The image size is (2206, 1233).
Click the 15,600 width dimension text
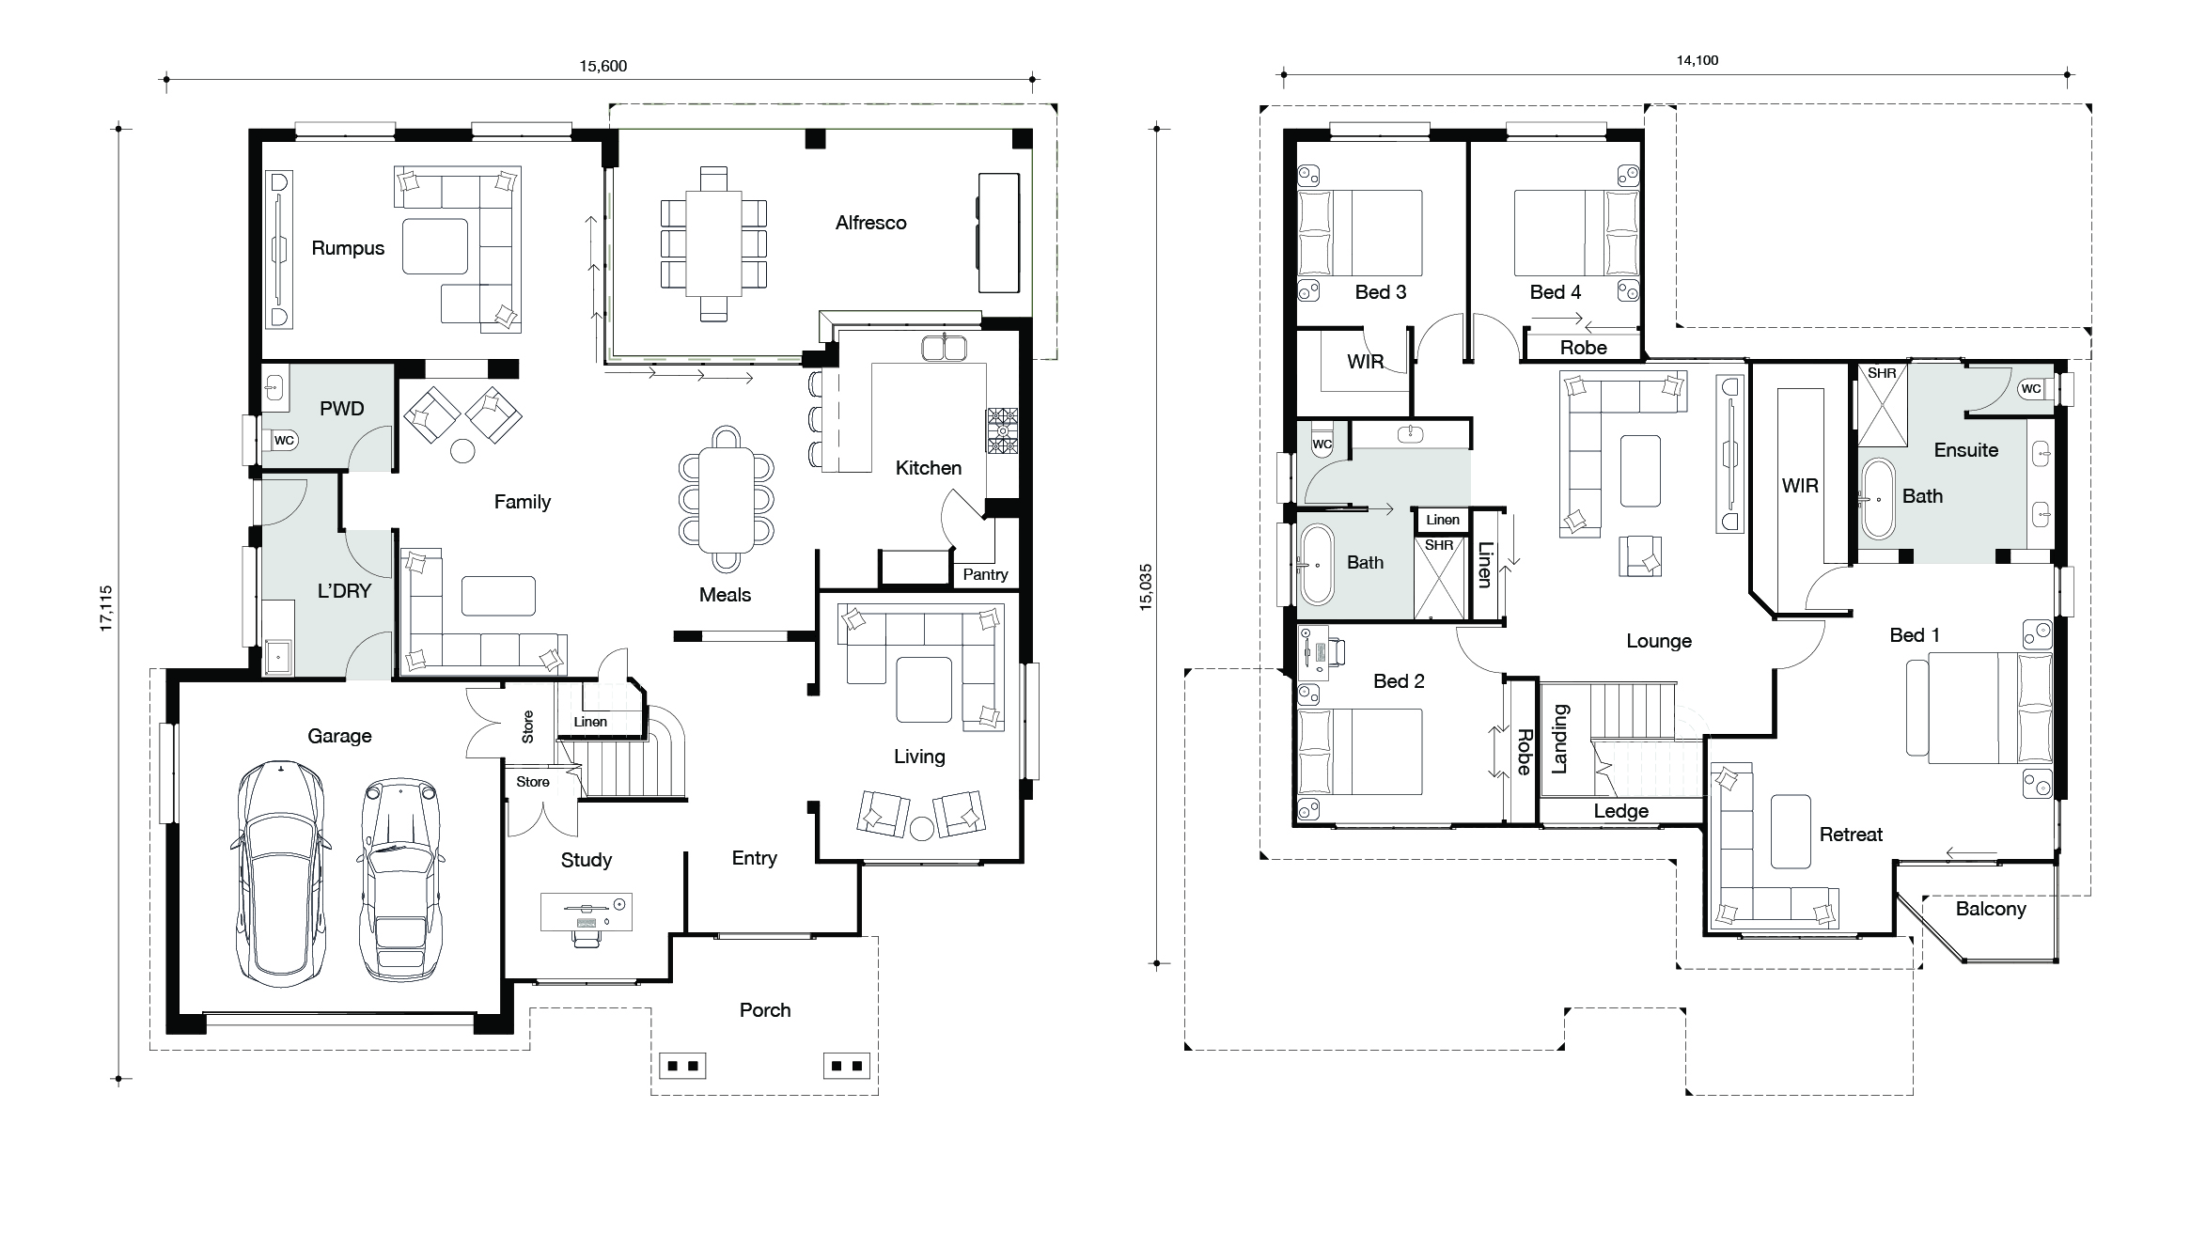pyautogui.click(x=602, y=66)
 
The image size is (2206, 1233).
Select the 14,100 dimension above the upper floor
pyautogui.click(x=1698, y=60)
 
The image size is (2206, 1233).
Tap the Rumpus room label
pyautogui.click(x=348, y=248)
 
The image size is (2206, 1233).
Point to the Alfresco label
pyautogui.click(x=870, y=223)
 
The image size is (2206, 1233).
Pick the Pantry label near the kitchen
pyautogui.click(x=985, y=574)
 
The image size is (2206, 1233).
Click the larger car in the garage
pyautogui.click(x=280, y=873)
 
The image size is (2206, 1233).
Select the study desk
pyautogui.click(x=587, y=912)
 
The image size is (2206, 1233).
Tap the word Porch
pyautogui.click(x=765, y=1010)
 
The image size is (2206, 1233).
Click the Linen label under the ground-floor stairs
pyautogui.click(x=590, y=722)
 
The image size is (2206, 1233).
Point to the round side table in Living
pyautogui.click(x=922, y=828)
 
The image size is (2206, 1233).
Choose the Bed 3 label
pyautogui.click(x=1381, y=292)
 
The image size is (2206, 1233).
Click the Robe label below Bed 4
pyautogui.click(x=1584, y=348)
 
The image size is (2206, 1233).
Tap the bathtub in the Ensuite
pyautogui.click(x=1878, y=498)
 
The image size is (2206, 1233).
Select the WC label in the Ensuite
pyautogui.click(x=2031, y=388)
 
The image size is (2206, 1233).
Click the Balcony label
pyautogui.click(x=1991, y=909)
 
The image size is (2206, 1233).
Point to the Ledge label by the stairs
pyautogui.click(x=1621, y=811)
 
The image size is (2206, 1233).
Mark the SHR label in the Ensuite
pyautogui.click(x=1882, y=373)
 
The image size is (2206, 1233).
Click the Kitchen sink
pyautogui.click(x=944, y=348)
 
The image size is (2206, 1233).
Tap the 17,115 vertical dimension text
pyautogui.click(x=106, y=608)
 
